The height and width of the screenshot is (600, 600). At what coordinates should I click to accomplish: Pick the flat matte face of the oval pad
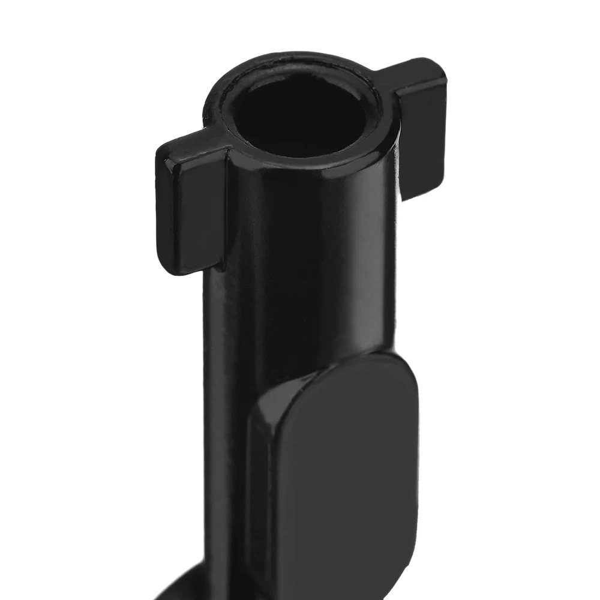348,480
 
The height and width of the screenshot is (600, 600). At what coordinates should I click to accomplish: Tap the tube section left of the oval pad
231,450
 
